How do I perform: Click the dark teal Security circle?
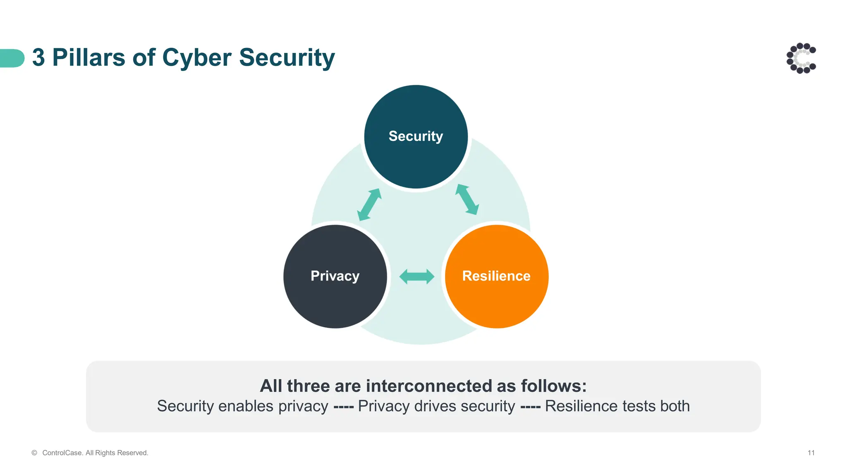pos(416,157)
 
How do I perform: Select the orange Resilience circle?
pos(497,297)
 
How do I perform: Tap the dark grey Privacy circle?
pos(335,297)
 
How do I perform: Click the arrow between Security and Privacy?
pos(369,205)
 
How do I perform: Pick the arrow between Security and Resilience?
pos(467,200)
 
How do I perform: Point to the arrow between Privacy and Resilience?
pos(417,276)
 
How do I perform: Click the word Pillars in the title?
pos(89,57)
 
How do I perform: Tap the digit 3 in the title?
pos(38,57)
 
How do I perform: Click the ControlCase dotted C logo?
pos(801,58)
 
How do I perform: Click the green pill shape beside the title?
pos(12,58)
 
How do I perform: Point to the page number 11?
pos(811,453)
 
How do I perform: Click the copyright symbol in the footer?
pos(34,453)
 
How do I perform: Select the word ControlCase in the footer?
pos(62,453)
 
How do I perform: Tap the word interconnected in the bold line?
pos(429,386)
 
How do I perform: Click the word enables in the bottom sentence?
pos(246,406)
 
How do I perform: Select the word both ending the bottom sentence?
pos(675,406)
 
